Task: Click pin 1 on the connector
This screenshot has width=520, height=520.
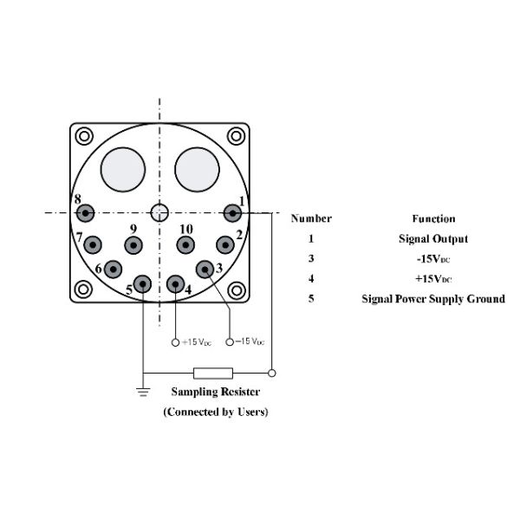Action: click(232, 213)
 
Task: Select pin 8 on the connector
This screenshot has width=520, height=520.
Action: click(85, 213)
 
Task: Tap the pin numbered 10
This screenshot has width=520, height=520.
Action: click(185, 245)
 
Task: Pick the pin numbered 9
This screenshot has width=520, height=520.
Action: click(133, 245)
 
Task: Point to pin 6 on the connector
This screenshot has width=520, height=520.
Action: click(113, 270)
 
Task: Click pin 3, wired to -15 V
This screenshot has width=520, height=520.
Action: click(205, 270)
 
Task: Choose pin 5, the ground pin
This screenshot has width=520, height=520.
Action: click(142, 284)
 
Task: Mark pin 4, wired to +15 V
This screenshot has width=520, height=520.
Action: click(175, 284)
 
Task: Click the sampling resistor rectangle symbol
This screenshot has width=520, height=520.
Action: click(213, 373)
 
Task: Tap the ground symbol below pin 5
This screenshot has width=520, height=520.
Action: click(143, 392)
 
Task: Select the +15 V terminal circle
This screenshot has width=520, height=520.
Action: click(175, 342)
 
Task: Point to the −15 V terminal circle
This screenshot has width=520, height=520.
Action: click(230, 342)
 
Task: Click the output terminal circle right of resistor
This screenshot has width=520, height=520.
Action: click(271, 373)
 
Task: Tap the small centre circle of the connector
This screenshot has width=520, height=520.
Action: click(159, 212)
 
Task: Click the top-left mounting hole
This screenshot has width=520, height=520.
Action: click(84, 136)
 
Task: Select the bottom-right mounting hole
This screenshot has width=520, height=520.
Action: click(237, 290)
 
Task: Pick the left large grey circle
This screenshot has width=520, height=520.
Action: click(123, 170)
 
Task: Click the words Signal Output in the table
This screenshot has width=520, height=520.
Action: click(433, 239)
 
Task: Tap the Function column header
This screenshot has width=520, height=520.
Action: click(433, 219)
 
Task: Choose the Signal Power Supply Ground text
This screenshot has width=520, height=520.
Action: click(433, 299)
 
